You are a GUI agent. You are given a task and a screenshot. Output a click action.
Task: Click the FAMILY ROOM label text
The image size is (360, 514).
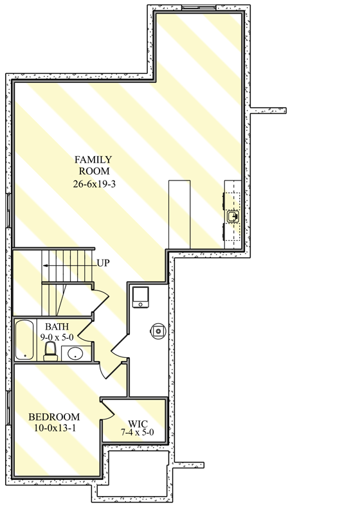click(93, 165)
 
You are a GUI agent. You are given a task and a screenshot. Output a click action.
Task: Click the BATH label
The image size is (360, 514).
click(57, 326)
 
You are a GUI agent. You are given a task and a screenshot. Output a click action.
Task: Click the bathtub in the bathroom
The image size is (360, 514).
click(25, 340)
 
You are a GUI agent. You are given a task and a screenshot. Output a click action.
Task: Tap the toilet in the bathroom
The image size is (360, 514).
click(50, 351)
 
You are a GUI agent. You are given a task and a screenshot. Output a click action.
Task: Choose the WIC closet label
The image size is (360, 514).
click(138, 424)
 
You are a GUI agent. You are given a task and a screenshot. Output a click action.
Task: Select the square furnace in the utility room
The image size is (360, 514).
click(141, 297)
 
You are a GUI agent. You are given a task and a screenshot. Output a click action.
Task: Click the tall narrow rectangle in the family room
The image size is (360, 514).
click(180, 215)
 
